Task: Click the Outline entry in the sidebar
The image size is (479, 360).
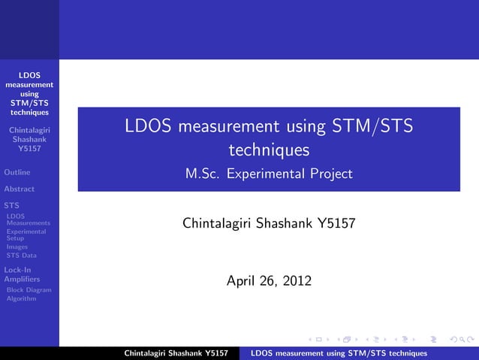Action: (x=17, y=172)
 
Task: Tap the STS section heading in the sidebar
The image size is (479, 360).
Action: (x=11, y=205)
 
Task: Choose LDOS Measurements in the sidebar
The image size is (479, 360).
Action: (x=28, y=219)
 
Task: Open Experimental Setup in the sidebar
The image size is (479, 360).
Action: (x=26, y=234)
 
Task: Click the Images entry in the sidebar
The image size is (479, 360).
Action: (x=17, y=247)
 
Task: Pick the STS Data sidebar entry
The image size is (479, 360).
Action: (x=21, y=256)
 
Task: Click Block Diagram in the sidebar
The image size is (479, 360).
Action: (x=29, y=289)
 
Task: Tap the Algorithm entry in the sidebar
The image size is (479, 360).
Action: (x=21, y=298)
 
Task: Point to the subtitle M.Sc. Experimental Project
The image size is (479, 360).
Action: (x=269, y=174)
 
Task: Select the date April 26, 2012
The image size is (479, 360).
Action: (x=270, y=281)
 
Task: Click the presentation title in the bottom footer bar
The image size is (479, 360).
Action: (x=339, y=353)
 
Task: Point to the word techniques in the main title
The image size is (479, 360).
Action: (x=269, y=150)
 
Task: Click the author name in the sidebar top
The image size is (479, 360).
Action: (x=29, y=139)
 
